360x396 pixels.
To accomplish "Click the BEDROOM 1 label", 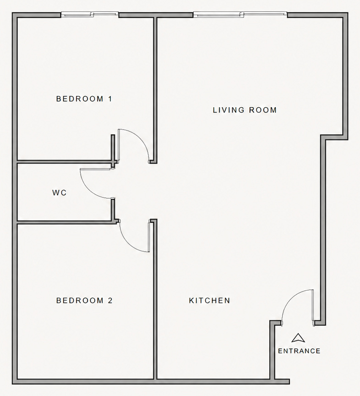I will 84,99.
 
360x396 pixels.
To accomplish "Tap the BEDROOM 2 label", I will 84,301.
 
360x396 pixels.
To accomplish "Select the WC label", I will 60,193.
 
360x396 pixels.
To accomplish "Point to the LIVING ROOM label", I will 245,110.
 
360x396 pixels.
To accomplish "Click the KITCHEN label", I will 209,301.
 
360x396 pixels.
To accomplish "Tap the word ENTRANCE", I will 299,351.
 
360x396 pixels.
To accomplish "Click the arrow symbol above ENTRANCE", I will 298,338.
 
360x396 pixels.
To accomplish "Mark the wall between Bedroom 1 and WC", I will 64,162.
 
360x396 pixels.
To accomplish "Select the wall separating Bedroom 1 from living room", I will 155,87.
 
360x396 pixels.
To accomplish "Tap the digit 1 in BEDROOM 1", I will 110,99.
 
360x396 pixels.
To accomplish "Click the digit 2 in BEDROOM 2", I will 110,301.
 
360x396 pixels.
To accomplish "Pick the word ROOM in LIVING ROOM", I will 263,110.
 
